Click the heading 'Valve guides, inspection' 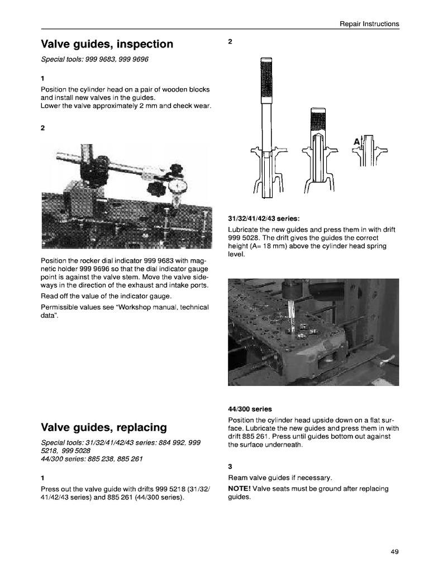coord(107,44)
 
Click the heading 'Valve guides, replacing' coord(104,428)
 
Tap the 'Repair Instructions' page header coord(369,24)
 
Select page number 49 coord(394,552)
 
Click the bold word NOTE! coord(240,489)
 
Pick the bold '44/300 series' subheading coord(250,409)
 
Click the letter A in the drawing coord(356,142)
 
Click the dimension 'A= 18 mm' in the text coord(271,246)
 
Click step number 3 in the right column coord(230,466)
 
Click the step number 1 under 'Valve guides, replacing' coord(43,478)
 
